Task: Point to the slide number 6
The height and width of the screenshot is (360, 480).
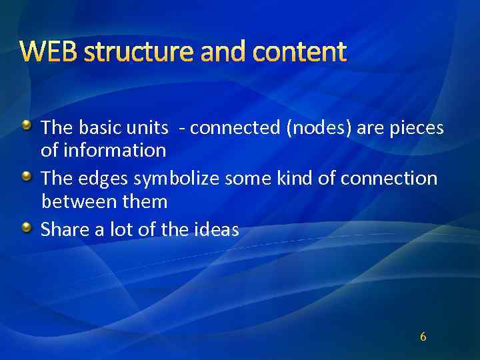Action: point(423,337)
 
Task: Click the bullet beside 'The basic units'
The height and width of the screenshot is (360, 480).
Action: point(26,125)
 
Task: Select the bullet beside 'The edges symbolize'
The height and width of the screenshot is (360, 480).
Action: point(26,176)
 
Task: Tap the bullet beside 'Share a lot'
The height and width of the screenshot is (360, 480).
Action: point(26,227)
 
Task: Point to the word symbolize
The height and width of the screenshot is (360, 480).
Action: point(177,179)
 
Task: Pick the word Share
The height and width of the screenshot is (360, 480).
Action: point(64,230)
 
